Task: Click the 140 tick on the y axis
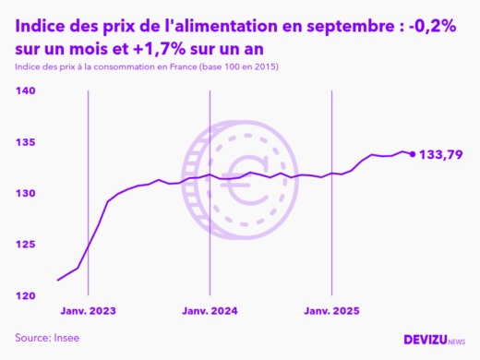26,91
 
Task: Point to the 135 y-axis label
26,142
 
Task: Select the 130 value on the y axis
26,194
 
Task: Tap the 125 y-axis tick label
26,245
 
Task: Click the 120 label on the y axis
26,296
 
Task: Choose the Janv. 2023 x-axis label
89,311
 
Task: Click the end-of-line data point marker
412,154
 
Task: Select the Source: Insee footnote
47,338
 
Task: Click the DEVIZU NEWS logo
435,341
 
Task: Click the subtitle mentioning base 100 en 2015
148,68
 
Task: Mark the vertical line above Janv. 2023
88,194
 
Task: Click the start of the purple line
58,280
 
